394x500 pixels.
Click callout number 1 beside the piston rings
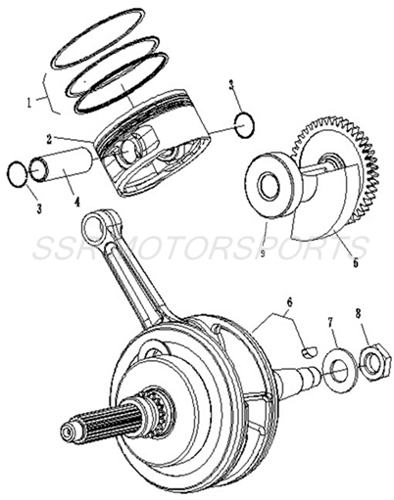(31, 99)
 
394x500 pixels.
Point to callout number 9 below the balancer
(264, 251)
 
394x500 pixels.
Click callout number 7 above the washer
(330, 320)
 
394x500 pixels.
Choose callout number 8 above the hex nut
(358, 314)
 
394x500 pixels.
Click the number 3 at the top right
(232, 86)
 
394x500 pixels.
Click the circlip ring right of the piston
(246, 125)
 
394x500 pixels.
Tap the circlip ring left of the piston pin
(18, 173)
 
